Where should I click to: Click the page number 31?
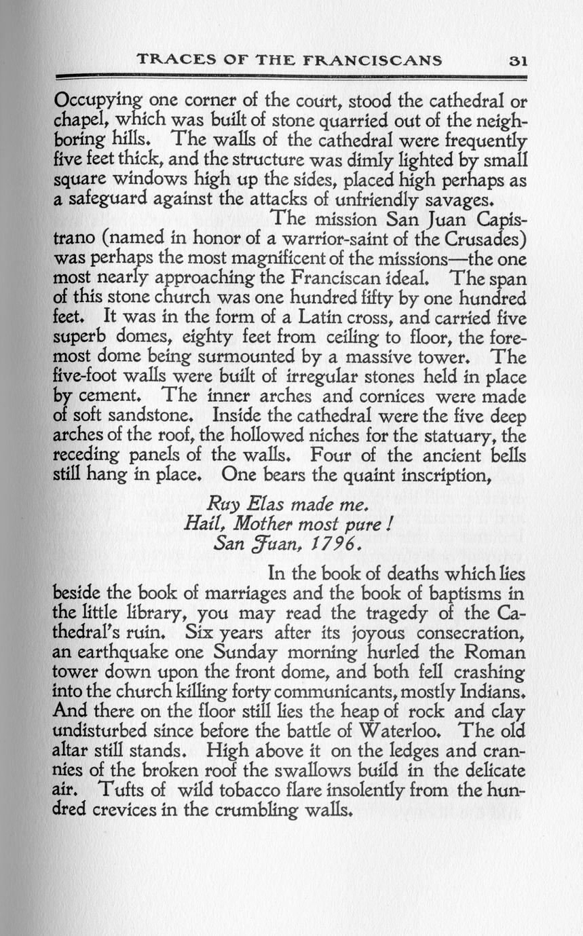pyautogui.click(x=518, y=60)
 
